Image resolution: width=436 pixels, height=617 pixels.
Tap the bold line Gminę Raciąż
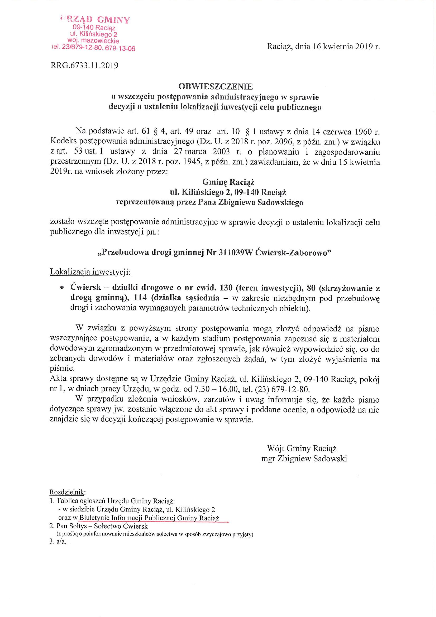(x=228, y=182)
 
